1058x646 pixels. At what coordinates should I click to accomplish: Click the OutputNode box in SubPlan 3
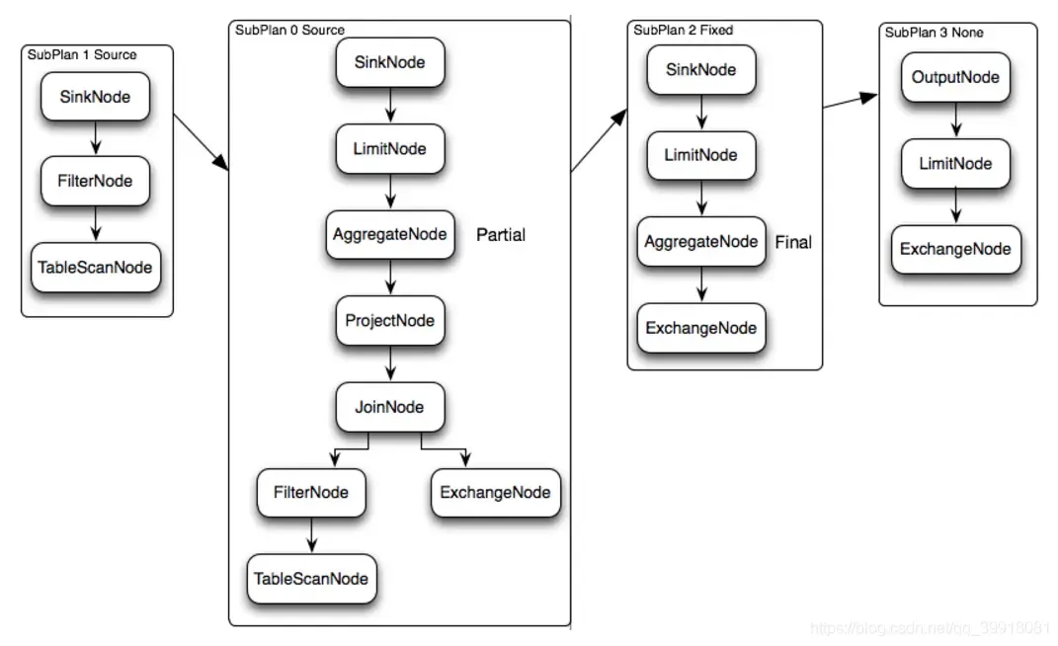(955, 77)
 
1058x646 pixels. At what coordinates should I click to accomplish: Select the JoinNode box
(389, 407)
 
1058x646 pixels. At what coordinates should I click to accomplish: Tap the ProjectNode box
(389, 321)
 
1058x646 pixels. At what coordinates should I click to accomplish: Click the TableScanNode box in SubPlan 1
(95, 267)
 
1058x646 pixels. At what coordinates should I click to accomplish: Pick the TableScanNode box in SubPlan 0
(312, 579)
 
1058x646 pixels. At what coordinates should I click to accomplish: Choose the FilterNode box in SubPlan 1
(95, 181)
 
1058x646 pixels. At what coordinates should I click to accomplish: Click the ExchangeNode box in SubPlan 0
(495, 492)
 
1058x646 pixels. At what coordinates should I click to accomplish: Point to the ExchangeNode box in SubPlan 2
(700, 328)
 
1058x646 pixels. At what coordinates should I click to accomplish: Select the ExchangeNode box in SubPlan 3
(955, 249)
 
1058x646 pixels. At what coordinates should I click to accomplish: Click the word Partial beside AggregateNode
(501, 235)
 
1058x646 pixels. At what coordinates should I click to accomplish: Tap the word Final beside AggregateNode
(793, 242)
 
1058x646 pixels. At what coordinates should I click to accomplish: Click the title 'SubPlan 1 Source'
(82, 54)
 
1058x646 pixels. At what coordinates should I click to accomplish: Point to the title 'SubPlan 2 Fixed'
(684, 31)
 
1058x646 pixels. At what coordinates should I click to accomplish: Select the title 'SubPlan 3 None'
(934, 33)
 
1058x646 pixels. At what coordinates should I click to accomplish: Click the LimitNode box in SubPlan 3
(955, 163)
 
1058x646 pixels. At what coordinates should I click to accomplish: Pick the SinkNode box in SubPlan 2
(700, 70)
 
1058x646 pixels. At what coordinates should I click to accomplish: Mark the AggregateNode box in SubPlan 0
(389, 235)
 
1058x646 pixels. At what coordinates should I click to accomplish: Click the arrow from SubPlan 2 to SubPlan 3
(851, 102)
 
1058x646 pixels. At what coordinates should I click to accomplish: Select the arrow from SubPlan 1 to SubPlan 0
(201, 143)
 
